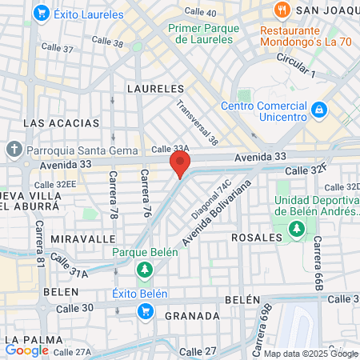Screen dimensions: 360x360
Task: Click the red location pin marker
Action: coord(180,166)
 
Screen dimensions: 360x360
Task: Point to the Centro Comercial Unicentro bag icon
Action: coord(318,107)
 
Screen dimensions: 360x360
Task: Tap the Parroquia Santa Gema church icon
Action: coord(14,150)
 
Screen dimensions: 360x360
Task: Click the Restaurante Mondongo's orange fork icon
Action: coord(281,10)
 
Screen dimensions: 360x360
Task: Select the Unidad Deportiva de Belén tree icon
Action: coord(297,230)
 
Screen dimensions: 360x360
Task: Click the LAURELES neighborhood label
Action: coord(155,89)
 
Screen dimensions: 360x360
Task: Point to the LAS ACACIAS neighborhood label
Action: coord(62,123)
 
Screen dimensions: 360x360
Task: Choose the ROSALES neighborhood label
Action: coord(257,238)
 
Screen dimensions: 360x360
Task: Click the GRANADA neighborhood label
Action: coord(192,316)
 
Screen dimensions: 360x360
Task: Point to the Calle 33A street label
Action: coord(170,149)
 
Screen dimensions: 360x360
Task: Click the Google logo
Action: coord(27,350)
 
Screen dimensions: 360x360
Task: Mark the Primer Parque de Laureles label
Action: coord(204,33)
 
